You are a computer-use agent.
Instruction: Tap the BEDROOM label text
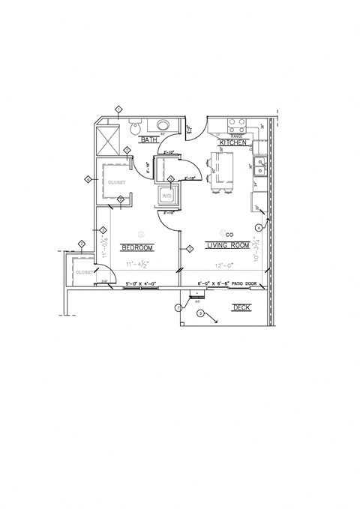[x=137, y=248]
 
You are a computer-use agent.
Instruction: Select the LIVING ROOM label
[x=229, y=245]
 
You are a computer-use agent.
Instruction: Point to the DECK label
[x=241, y=307]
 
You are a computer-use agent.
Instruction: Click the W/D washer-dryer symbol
[x=166, y=196]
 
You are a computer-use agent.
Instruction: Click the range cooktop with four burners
[x=238, y=124]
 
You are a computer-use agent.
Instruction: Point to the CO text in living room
[x=230, y=235]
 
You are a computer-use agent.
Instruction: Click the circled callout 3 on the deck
[x=199, y=313]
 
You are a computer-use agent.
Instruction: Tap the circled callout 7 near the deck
[x=178, y=307]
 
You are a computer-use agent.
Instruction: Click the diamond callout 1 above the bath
[x=118, y=109]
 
